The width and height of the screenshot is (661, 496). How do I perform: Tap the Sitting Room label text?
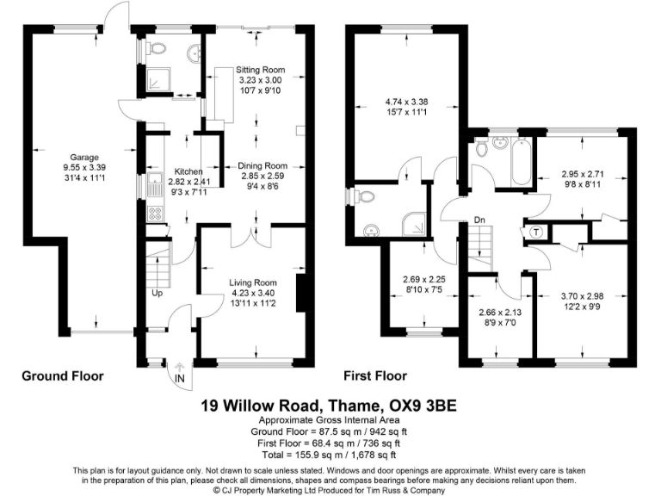tap(260, 70)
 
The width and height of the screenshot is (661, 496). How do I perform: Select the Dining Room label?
tap(263, 165)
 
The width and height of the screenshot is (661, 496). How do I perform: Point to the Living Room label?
tap(252, 282)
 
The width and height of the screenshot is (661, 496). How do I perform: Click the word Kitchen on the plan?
tap(188, 171)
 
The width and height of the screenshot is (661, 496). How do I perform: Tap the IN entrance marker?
tap(180, 378)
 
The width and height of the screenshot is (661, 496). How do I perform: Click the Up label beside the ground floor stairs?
tap(158, 293)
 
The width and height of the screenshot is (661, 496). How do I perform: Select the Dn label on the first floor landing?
tap(479, 220)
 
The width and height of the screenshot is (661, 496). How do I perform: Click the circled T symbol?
tap(535, 231)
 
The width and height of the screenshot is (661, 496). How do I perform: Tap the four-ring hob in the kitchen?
tap(157, 212)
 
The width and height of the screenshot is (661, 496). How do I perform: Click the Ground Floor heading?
tap(62, 376)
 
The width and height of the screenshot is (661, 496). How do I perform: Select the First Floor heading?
tap(374, 376)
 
